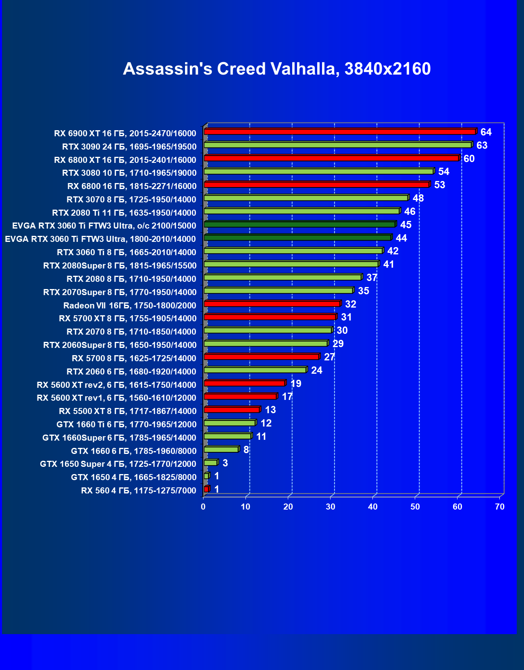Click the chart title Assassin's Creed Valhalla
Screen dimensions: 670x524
coord(277,69)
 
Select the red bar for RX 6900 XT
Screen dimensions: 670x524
coord(340,132)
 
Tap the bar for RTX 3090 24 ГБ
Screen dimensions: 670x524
coord(338,145)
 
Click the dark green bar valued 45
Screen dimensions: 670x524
coord(300,225)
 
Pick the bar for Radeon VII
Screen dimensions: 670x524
coord(272,304)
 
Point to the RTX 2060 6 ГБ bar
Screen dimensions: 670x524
coord(255,370)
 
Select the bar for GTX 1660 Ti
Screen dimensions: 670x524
coord(230,423)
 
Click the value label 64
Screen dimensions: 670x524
coord(486,132)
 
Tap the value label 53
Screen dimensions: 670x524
coord(440,185)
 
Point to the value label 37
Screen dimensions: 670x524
coord(372,278)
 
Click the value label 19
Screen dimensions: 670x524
coord(296,384)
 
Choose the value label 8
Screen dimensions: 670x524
coord(246,450)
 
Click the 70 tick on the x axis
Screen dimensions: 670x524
coord(500,507)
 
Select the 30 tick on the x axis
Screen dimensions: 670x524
coord(331,507)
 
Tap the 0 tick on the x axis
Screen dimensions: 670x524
coord(203,507)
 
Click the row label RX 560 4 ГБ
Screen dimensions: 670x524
coord(139,491)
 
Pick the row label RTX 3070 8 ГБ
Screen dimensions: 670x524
coord(131,200)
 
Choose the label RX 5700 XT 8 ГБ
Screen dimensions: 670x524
coord(128,318)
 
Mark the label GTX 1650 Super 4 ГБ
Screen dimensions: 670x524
coord(118,464)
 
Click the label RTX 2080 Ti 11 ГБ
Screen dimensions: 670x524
coord(124,213)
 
